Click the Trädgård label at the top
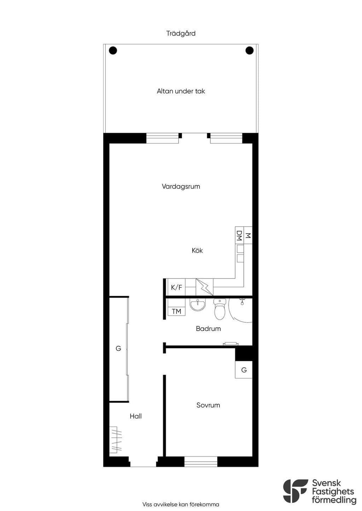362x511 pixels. pyautogui.click(x=181, y=34)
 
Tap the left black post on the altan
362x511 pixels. pyautogui.click(x=113, y=50)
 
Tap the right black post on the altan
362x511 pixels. pyautogui.click(x=249, y=50)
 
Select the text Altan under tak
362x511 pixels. pyautogui.click(x=181, y=91)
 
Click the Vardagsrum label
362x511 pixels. pyautogui.click(x=181, y=186)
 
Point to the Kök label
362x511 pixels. pyautogui.click(x=197, y=251)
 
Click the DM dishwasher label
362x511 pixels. pyautogui.click(x=239, y=236)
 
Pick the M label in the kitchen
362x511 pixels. pyautogui.click(x=248, y=236)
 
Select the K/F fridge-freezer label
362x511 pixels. pyautogui.click(x=176, y=287)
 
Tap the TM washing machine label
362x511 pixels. pyautogui.click(x=176, y=311)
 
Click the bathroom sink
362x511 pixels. pyautogui.click(x=198, y=305)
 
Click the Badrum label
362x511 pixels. pyautogui.click(x=208, y=329)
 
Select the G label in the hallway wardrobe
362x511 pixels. pyautogui.click(x=118, y=349)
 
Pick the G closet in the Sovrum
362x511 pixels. pyautogui.click(x=244, y=370)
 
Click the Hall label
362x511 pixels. pyautogui.click(x=136, y=416)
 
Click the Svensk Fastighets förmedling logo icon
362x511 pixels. pyautogui.click(x=296, y=491)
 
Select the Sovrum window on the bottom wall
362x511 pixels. pyautogui.click(x=201, y=462)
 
